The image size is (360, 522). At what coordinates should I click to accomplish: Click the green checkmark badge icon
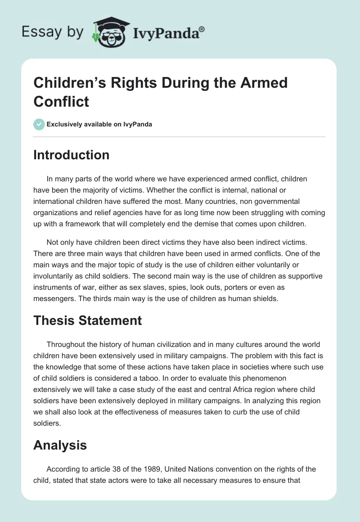pos(39,124)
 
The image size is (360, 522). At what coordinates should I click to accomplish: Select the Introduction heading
pos(72,155)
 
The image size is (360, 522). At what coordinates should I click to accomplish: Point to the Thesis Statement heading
pos(88,320)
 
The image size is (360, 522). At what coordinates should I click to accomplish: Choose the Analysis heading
pos(60,445)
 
